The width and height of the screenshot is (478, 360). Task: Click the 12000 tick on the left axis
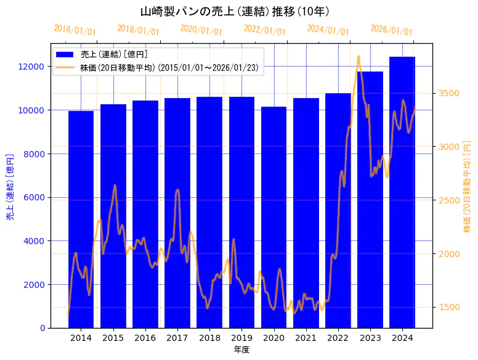coord(31,67)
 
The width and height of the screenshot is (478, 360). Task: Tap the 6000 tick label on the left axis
coord(33,197)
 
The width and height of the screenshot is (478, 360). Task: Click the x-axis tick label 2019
coord(241,338)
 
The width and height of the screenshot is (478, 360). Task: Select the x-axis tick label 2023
coord(370,338)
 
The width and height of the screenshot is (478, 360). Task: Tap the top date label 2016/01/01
coord(75,30)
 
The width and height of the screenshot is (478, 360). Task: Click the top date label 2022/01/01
coord(264,30)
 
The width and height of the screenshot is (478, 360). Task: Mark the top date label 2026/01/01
coord(391,30)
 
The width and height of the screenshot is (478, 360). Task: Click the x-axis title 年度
coord(241,350)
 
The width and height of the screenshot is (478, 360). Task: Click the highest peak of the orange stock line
coord(358,57)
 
